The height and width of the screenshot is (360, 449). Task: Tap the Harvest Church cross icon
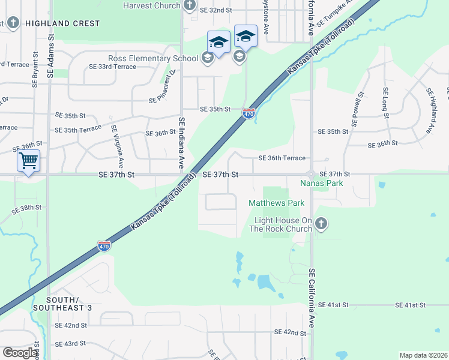(x=190, y=6)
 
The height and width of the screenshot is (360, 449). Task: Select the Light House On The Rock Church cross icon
(x=321, y=224)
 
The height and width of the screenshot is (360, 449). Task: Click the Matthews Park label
(x=276, y=203)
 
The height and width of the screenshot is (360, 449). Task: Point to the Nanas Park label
(x=322, y=182)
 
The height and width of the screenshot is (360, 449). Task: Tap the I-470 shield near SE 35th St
(x=249, y=112)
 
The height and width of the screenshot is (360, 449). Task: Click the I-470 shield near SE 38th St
(x=103, y=246)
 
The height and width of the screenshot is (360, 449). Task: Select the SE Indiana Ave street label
(x=181, y=143)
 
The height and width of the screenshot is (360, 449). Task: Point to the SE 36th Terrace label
(x=282, y=158)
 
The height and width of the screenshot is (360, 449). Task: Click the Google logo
(x=20, y=353)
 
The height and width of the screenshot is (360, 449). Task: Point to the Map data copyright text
(x=423, y=355)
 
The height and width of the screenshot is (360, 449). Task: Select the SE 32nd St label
(x=211, y=10)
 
